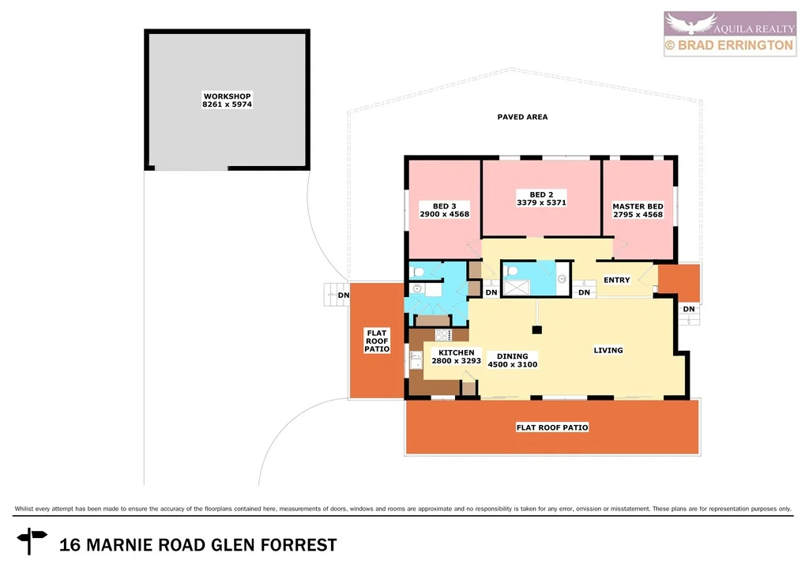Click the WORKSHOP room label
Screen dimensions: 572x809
[x=227, y=96]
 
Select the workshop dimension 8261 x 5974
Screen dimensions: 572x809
[x=227, y=103]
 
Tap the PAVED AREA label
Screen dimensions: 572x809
[x=522, y=117]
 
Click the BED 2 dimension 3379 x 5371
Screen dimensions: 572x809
[x=541, y=202]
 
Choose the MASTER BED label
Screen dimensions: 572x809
[x=638, y=206]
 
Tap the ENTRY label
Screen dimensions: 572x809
[x=616, y=280]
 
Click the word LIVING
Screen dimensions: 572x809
[x=608, y=350]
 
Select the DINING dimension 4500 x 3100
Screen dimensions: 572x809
[x=511, y=364]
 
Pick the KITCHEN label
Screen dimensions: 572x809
[x=457, y=352]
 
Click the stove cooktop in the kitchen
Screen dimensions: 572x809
[x=442, y=336]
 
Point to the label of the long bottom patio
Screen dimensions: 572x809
[x=552, y=427]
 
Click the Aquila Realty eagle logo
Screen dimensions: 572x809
[x=690, y=23]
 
